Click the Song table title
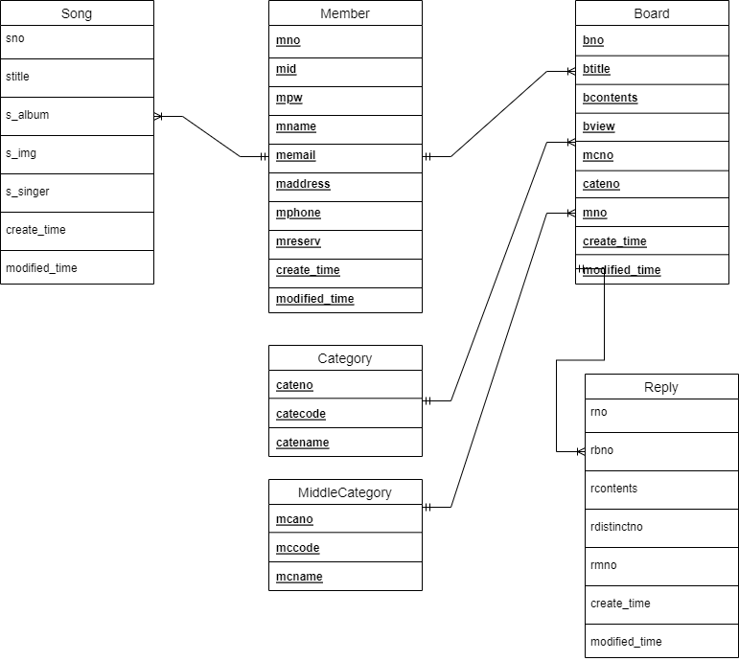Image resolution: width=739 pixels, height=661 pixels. [x=77, y=13]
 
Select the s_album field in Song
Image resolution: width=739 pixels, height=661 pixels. [x=28, y=115]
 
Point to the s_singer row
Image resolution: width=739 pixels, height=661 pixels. [x=28, y=192]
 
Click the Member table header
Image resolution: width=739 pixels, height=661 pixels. [x=345, y=13]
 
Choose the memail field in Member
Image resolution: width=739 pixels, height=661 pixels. [x=296, y=155]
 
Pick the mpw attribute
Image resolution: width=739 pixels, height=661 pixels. [x=289, y=98]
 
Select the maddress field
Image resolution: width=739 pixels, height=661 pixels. [x=303, y=184]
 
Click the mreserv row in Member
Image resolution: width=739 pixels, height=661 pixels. [x=298, y=241]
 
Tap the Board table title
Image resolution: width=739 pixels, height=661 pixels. [x=652, y=13]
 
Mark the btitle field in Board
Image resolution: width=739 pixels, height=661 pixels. [x=596, y=69]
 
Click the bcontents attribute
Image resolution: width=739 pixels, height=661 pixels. [x=610, y=98]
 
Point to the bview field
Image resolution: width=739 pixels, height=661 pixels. [x=599, y=126]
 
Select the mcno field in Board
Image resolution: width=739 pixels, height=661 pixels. [x=598, y=155]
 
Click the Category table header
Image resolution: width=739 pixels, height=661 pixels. [x=345, y=358]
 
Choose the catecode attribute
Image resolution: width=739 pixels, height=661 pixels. [x=301, y=414]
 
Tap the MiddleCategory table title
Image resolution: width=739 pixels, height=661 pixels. [x=345, y=492]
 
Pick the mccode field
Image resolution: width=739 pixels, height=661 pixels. [x=298, y=548]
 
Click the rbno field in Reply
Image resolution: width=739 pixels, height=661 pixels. [x=602, y=450]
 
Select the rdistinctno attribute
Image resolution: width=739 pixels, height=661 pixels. [x=616, y=527]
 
